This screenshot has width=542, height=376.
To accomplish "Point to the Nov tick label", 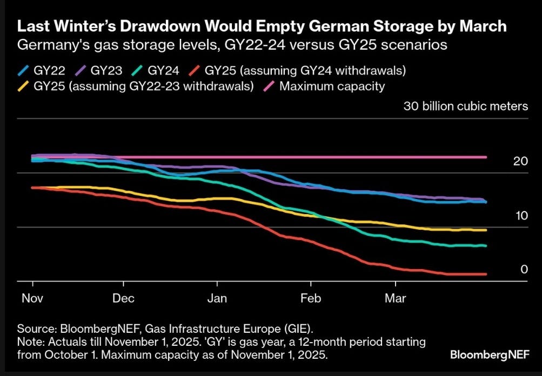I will [x=33, y=298].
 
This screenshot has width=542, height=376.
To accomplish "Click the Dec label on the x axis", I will [x=123, y=298].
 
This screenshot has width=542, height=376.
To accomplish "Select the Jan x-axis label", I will [x=217, y=298].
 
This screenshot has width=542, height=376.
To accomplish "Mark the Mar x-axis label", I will [x=396, y=298].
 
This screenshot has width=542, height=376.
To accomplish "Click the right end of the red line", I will [x=486, y=274].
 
